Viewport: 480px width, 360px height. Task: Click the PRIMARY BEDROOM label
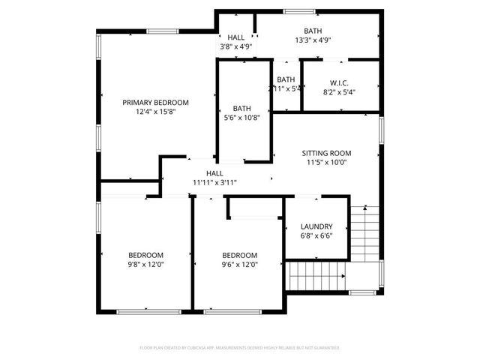(x=156, y=103)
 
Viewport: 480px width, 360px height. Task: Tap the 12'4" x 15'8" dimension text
(x=156, y=112)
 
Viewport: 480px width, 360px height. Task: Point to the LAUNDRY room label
(x=316, y=226)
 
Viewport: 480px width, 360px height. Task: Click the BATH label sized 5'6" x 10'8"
(x=241, y=108)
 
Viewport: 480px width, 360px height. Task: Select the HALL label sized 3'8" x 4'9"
(x=236, y=37)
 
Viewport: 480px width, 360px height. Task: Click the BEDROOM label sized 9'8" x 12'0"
(x=145, y=254)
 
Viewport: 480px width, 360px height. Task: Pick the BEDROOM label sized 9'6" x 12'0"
(x=240, y=254)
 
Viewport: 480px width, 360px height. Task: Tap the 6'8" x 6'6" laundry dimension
(x=316, y=235)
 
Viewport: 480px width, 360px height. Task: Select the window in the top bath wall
(x=294, y=10)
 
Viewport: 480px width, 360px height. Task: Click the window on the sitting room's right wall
(x=381, y=129)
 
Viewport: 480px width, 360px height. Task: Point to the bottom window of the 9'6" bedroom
(x=222, y=311)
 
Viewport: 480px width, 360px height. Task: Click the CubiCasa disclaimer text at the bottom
(x=240, y=348)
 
